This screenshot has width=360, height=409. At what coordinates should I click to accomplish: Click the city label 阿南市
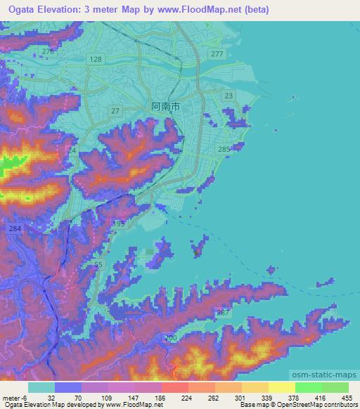[x=166, y=106]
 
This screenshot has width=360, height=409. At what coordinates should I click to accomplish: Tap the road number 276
[x=48, y=52]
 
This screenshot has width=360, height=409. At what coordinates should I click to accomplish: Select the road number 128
[x=96, y=60]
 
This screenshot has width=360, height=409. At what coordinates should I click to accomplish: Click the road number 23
[x=228, y=95]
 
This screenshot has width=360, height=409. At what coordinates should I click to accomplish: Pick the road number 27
[x=116, y=110]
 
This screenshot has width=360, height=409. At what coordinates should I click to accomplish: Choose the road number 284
[x=15, y=229]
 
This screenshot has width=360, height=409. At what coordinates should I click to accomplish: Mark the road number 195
[x=119, y=223]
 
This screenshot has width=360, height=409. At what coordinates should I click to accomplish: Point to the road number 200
[x=170, y=338]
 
